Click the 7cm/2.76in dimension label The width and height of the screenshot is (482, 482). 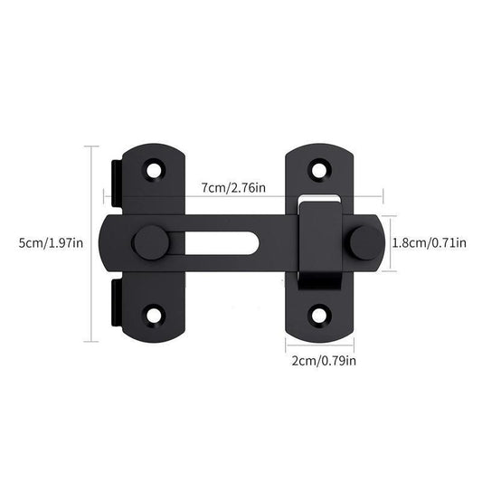(x=233, y=187)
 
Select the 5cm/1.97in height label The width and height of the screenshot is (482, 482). (x=44, y=242)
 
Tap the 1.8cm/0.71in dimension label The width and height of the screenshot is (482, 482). (x=428, y=241)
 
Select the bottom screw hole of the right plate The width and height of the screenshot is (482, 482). (x=318, y=317)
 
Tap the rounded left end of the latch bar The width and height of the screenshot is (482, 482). (x=112, y=242)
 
